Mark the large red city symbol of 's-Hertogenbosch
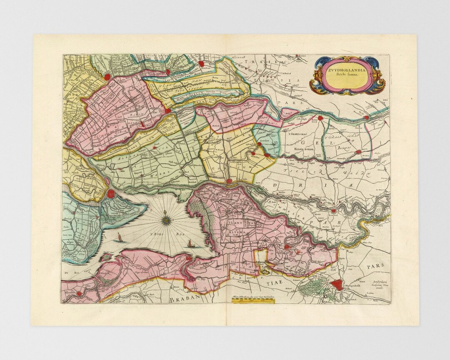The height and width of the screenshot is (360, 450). [x=337, y=284]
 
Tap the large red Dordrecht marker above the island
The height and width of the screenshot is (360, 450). [x=111, y=193]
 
